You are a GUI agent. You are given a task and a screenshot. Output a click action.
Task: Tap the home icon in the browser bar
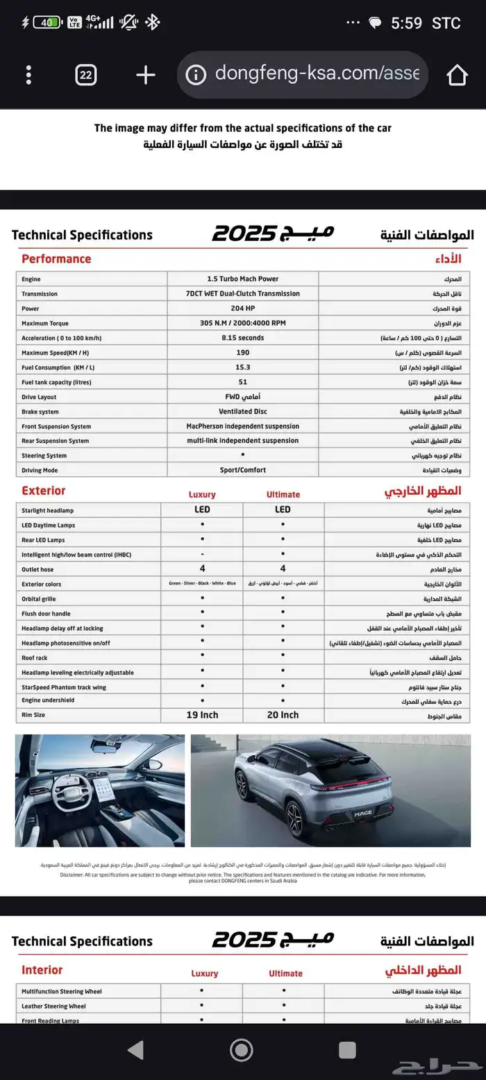tap(457, 75)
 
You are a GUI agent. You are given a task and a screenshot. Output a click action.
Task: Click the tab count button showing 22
tap(85, 75)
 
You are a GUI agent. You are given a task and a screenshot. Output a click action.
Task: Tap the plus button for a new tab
tap(145, 75)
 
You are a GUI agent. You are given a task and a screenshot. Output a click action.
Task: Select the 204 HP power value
tap(242, 308)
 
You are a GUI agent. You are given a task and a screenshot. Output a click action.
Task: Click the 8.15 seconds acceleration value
tap(242, 338)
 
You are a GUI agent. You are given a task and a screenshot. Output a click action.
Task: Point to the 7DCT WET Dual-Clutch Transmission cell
tap(242, 294)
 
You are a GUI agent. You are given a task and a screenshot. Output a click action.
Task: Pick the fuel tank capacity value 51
tap(242, 382)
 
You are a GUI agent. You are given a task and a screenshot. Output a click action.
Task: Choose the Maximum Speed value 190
tap(242, 353)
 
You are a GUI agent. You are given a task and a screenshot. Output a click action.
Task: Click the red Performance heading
tap(56, 259)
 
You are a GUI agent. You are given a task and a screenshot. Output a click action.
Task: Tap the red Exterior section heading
tap(43, 491)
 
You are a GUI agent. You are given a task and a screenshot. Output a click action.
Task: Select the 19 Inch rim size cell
tap(202, 715)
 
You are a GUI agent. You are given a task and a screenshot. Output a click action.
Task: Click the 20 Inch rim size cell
tap(283, 715)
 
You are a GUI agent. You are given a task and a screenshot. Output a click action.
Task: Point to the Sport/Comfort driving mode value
tap(242, 470)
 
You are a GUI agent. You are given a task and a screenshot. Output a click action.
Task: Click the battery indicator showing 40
tap(47, 22)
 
